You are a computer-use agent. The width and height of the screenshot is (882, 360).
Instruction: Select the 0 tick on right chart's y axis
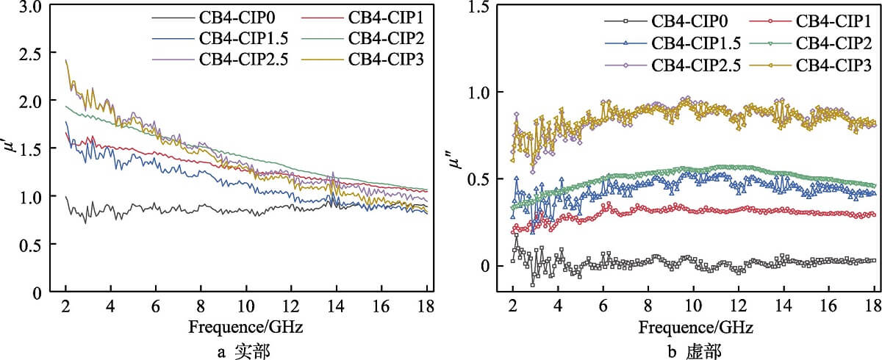coord(485,266)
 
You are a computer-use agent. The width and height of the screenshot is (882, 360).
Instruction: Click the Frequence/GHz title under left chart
coord(246,325)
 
